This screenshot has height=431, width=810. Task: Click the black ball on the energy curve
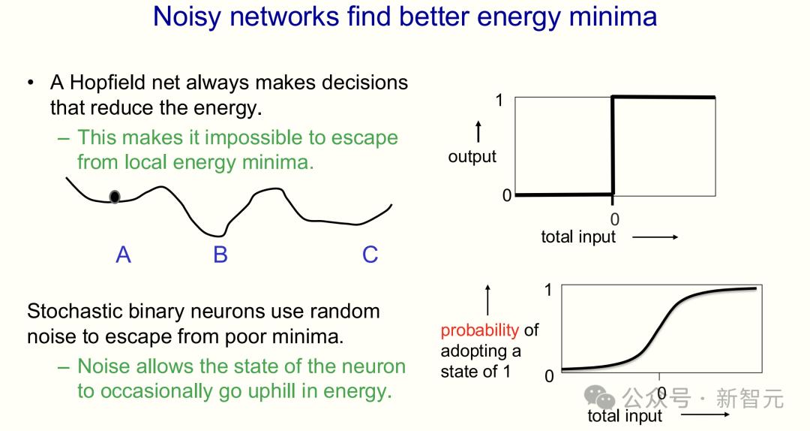click(x=115, y=197)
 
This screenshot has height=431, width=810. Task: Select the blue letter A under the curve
click(x=123, y=255)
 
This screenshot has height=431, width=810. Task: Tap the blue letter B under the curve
click(x=220, y=255)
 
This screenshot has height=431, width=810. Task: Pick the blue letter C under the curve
click(x=370, y=255)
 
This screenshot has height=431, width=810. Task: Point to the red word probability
click(x=479, y=330)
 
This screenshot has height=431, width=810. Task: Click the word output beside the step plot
click(x=472, y=156)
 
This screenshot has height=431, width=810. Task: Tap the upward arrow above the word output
click(x=478, y=131)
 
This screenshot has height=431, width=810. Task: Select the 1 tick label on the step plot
click(x=499, y=100)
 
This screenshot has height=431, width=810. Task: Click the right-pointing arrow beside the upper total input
click(x=655, y=237)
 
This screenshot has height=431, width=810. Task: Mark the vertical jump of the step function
click(x=613, y=146)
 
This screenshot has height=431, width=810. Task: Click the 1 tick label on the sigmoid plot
click(x=548, y=290)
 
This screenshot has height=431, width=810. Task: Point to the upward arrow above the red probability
click(x=487, y=300)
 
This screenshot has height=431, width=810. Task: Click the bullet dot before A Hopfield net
click(x=31, y=83)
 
